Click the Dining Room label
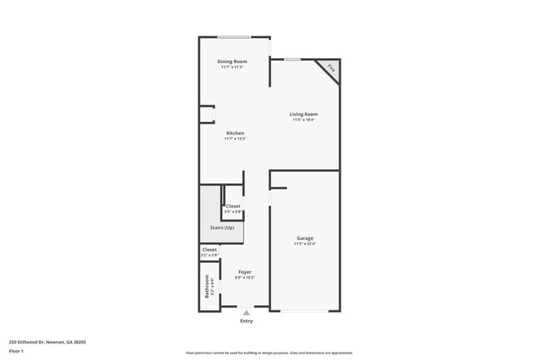pyautogui.click(x=232, y=61)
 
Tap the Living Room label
pyautogui.click(x=303, y=114)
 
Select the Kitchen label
pyautogui.click(x=236, y=134)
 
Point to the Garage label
pyautogui.click(x=305, y=239)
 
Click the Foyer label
pyautogui.click(x=245, y=272)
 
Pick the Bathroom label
pyautogui.click(x=207, y=287)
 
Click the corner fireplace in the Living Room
pyautogui.click(x=329, y=68)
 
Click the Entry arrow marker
pyautogui.click(x=246, y=312)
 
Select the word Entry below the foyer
pyautogui.click(x=246, y=321)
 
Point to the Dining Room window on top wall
pyautogui.click(x=235, y=36)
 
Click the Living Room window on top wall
pyautogui.click(x=292, y=60)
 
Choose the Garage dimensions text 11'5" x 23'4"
pyautogui.click(x=305, y=245)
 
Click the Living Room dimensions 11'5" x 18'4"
pyautogui.click(x=303, y=120)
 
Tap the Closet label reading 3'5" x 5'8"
pyautogui.click(x=233, y=207)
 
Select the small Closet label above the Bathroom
pyautogui.click(x=210, y=250)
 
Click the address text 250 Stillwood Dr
pyautogui.click(x=47, y=341)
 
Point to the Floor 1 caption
pyautogui.click(x=16, y=352)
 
